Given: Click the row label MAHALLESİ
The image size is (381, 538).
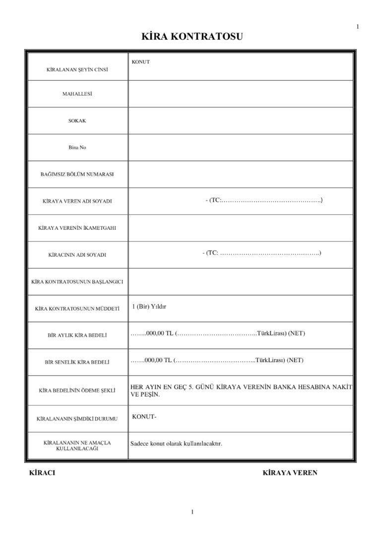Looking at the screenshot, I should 77,94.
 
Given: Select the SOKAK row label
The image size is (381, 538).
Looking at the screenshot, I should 77,120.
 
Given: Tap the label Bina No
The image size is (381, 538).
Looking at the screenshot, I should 77,148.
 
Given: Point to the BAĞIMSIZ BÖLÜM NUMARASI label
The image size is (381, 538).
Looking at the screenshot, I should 77,174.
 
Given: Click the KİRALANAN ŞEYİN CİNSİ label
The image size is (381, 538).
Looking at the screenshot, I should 77,69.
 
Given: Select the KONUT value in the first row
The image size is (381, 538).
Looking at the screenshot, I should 141,62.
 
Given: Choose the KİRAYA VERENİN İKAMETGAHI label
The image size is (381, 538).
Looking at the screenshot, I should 77,228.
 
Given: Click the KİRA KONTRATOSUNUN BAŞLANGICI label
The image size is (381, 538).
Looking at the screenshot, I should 77,281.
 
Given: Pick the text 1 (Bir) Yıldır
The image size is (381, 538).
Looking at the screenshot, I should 149,307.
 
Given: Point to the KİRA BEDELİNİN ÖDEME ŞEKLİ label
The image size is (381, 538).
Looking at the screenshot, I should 77,390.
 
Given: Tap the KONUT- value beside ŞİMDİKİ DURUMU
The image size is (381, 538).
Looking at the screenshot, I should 144,417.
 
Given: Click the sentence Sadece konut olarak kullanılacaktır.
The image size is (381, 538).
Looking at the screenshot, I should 176,443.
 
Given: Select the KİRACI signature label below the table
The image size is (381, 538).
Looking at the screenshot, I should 43,473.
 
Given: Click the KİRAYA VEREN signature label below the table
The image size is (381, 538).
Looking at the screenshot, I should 290,473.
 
